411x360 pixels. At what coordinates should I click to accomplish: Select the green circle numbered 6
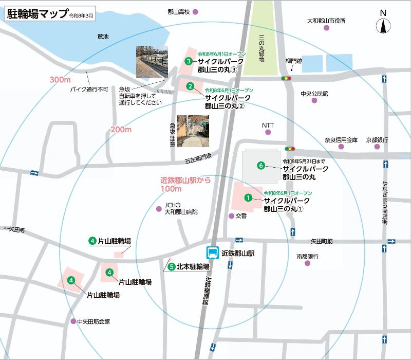tap(261, 166)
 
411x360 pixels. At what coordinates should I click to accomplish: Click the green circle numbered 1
tap(248, 197)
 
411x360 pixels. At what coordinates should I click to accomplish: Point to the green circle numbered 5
tap(171, 266)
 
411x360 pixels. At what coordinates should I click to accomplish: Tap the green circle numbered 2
tap(190, 86)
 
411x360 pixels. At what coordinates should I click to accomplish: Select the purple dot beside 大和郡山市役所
tap(326, 28)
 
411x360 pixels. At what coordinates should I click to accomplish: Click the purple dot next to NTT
tap(268, 132)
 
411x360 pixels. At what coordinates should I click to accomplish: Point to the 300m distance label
tap(60, 80)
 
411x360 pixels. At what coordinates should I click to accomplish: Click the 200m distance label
tap(121, 130)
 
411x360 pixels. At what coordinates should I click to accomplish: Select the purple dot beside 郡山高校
tap(195, 11)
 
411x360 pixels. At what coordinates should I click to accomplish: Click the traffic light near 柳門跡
tap(286, 78)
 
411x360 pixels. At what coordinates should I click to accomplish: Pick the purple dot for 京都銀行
tap(377, 147)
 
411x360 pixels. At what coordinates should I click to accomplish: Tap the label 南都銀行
tap(307, 256)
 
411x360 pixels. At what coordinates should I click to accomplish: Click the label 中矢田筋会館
tap(94, 321)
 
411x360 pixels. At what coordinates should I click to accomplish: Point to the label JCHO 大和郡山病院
tap(180, 208)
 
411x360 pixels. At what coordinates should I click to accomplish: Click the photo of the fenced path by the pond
tap(152, 61)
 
